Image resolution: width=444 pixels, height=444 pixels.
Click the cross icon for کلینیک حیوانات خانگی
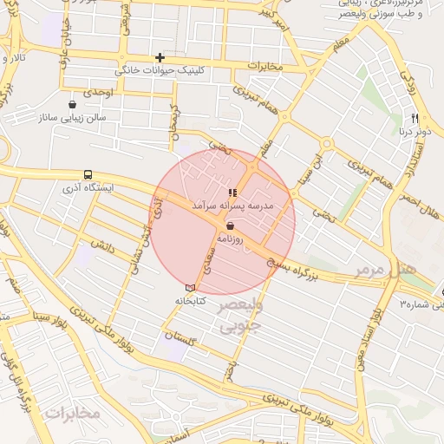click(x=160, y=57)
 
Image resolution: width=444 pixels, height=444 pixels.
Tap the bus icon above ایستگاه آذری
click(x=88, y=173)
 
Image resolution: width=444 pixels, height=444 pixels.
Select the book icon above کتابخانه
click(x=190, y=288)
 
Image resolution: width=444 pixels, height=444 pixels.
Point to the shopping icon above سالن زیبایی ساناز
click(x=71, y=105)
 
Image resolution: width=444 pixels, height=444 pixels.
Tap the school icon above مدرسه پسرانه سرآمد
click(x=232, y=193)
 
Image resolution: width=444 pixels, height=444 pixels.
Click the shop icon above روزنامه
click(x=229, y=225)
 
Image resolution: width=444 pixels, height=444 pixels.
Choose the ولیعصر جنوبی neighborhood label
click(x=238, y=317)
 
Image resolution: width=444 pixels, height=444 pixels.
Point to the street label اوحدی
click(x=95, y=92)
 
